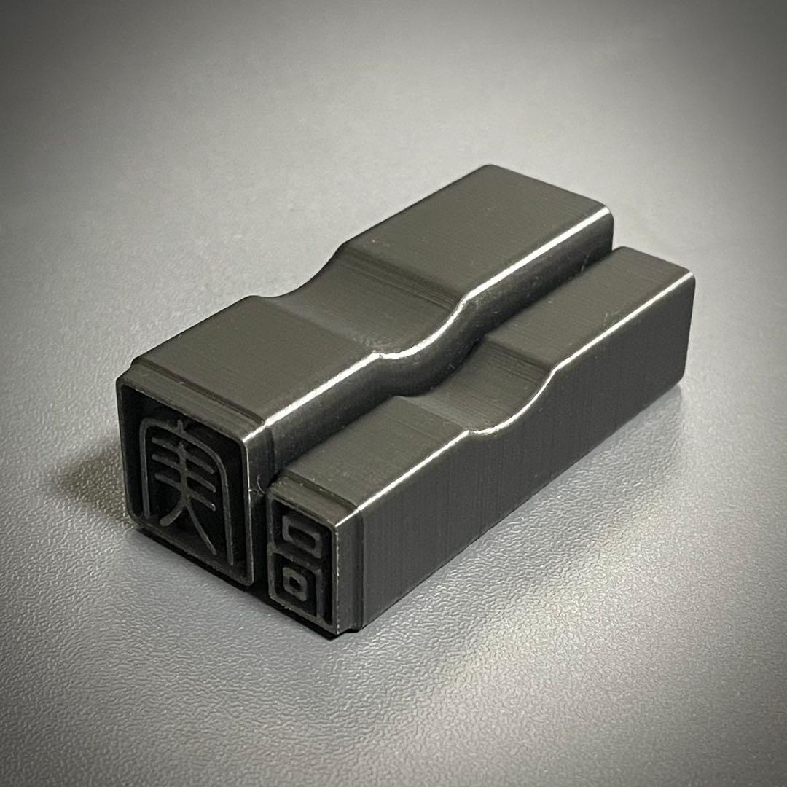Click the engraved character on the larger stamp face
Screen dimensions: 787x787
(x=187, y=482)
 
